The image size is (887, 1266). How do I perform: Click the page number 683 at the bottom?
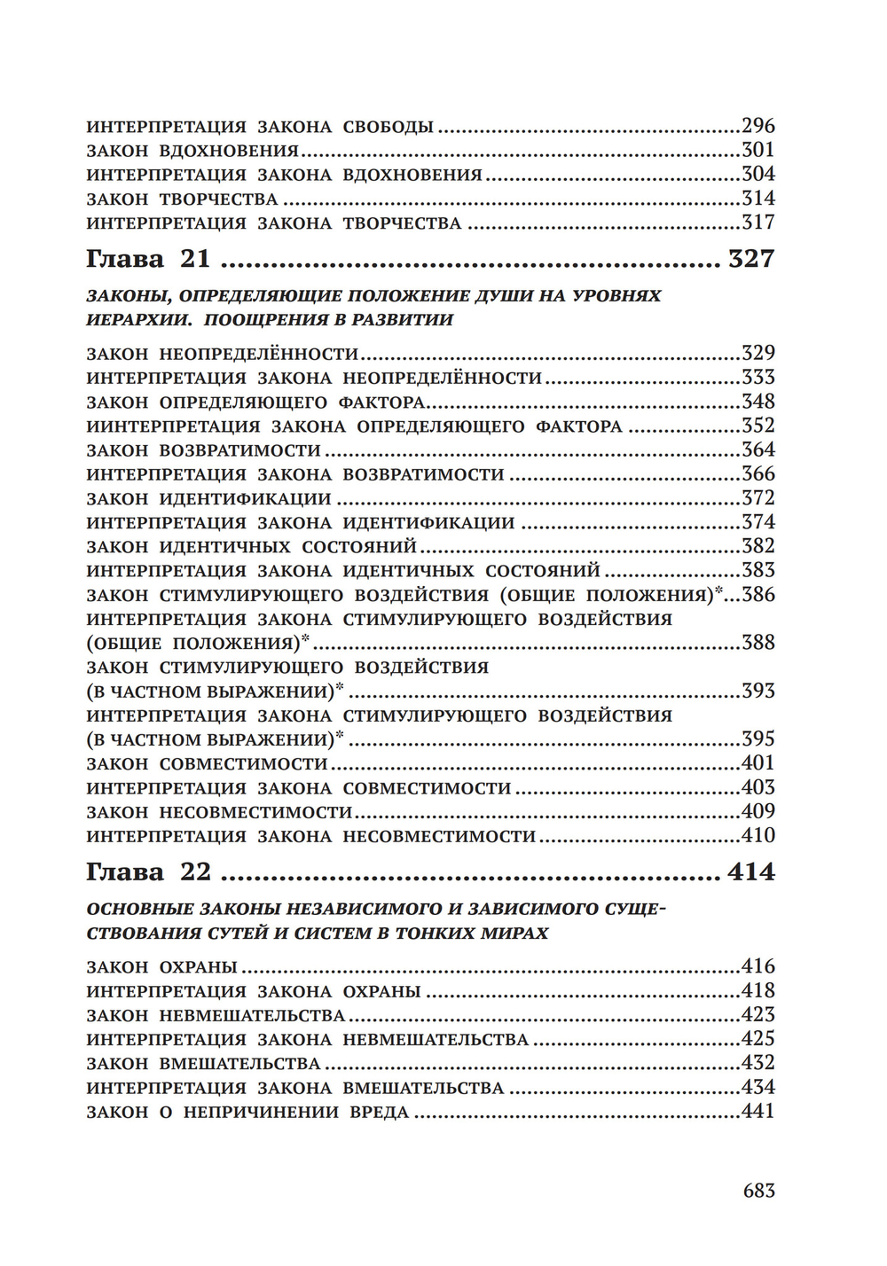tap(758, 1190)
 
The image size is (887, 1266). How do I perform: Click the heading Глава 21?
tap(148, 259)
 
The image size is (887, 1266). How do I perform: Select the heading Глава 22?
tap(148, 872)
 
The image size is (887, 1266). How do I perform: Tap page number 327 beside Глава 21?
tap(750, 259)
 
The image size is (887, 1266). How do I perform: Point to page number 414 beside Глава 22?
tap(750, 872)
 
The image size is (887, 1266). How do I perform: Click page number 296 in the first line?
tap(758, 126)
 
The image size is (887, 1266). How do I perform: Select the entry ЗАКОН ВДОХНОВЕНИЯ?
tap(192, 151)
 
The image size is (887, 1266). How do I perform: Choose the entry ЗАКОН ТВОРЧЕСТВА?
tap(182, 199)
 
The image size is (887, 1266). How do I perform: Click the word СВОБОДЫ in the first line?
tap(388, 127)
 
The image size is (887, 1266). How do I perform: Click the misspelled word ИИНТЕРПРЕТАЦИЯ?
tap(173, 426)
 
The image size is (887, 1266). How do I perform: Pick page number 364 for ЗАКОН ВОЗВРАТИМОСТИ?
tap(758, 449)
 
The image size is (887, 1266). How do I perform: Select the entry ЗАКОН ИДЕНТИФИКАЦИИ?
tap(208, 499)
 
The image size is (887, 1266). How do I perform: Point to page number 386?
tap(758, 594)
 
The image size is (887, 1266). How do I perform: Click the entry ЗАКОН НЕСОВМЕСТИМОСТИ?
tap(219, 812)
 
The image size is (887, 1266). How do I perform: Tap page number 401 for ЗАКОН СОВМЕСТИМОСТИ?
tap(758, 763)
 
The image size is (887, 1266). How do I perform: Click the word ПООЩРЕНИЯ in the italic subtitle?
tap(256, 320)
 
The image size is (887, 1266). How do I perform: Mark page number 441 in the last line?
tap(758, 1111)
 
